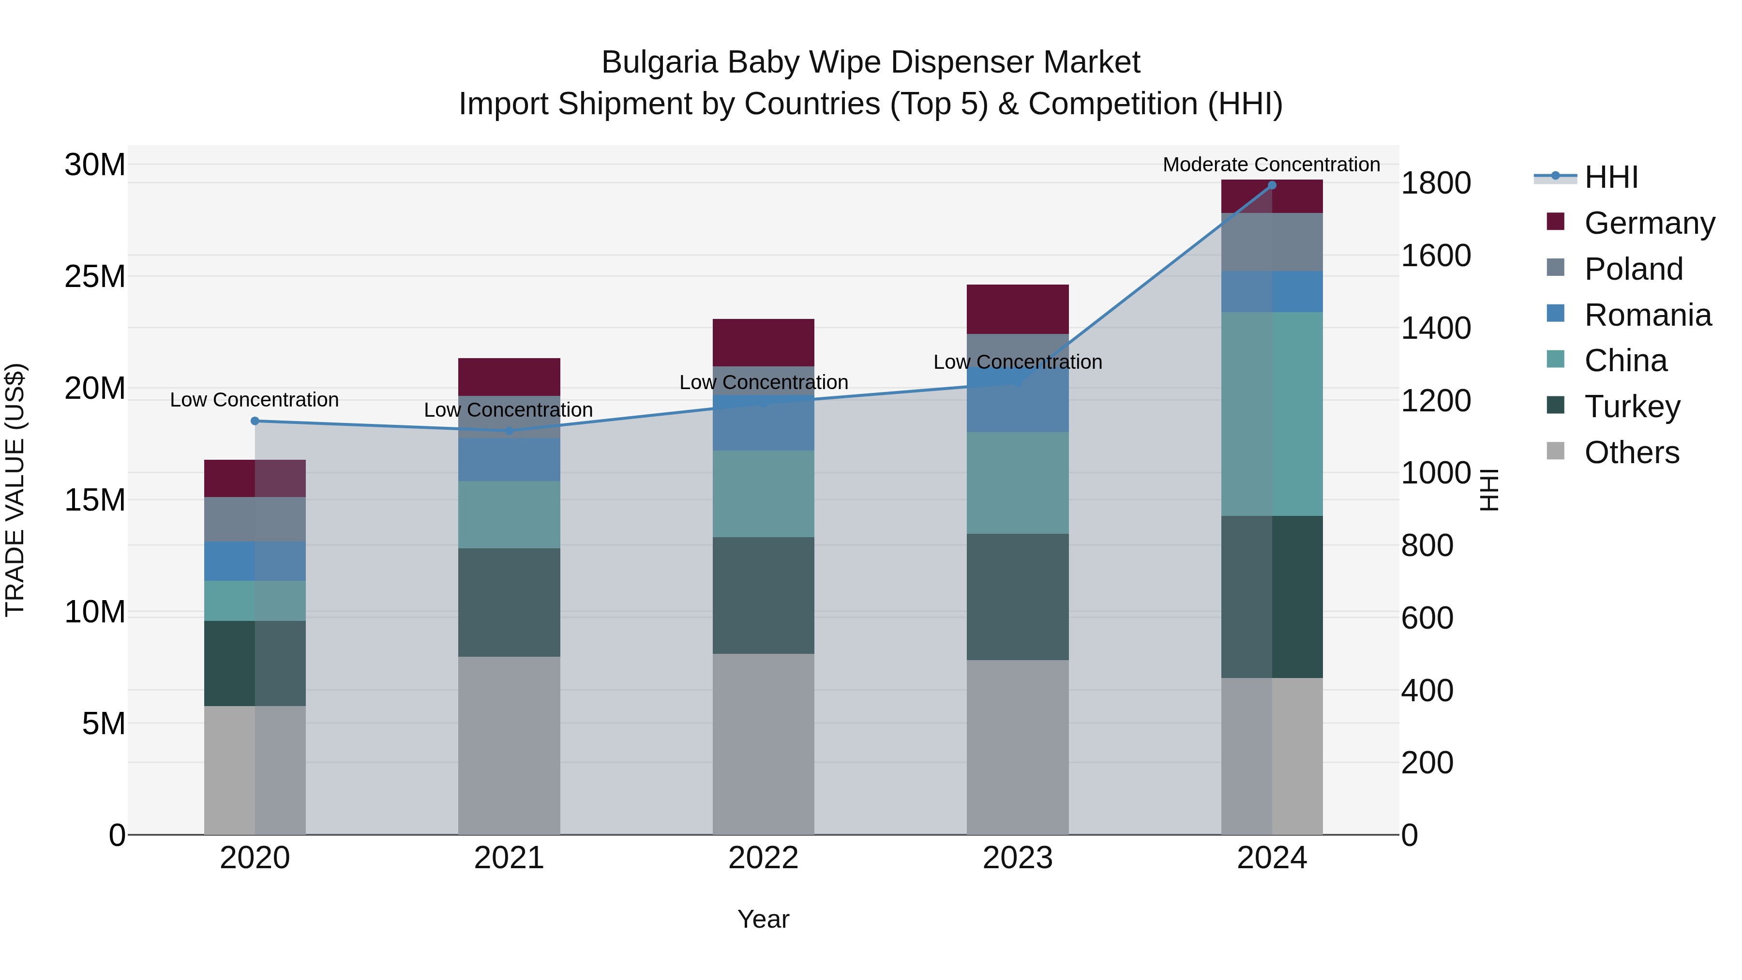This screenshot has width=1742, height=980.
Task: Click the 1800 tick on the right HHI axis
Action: click(1436, 183)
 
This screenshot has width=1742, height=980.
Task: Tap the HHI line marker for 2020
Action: click(255, 421)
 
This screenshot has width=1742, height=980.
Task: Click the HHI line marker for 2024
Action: click(1272, 185)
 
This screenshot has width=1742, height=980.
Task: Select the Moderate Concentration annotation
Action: click(1271, 165)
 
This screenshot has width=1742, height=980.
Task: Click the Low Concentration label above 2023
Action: click(1017, 362)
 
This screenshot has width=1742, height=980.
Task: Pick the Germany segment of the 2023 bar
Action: click(1017, 309)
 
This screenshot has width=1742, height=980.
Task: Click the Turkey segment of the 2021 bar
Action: click(509, 602)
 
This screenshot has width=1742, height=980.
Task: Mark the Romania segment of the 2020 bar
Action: click(255, 561)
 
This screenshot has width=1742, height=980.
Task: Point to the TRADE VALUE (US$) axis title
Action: click(15, 490)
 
